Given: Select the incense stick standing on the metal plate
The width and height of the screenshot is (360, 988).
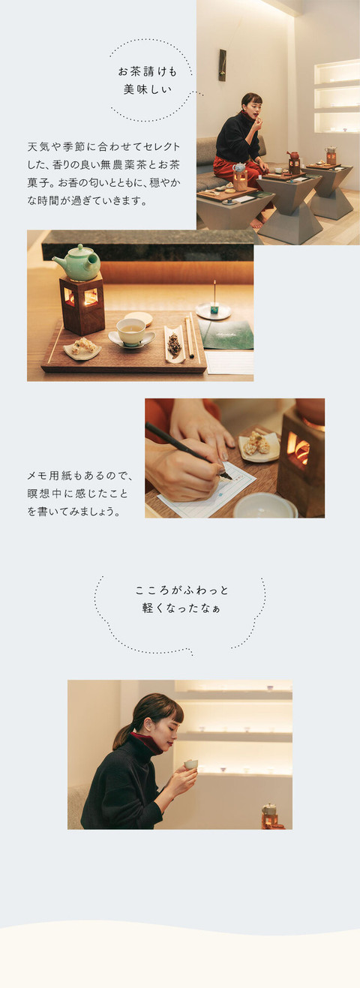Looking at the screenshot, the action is click(x=214, y=293).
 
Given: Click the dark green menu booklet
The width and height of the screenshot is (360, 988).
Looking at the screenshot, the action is click(x=226, y=335).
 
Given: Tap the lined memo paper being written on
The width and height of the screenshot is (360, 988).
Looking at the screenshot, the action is click(x=207, y=488).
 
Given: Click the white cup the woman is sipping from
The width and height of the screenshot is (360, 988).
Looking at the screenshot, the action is click(x=191, y=764).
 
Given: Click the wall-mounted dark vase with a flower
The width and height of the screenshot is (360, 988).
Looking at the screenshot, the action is click(x=222, y=65).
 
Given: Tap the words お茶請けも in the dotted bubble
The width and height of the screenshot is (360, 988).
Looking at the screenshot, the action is click(x=147, y=71).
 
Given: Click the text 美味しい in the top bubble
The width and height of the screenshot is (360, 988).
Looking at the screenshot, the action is click(x=147, y=89).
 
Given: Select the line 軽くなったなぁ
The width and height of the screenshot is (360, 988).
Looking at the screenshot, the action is click(x=181, y=608).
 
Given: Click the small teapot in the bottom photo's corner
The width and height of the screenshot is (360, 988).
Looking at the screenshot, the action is click(x=269, y=809).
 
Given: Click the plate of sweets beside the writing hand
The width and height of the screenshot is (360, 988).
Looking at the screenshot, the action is click(x=258, y=446).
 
